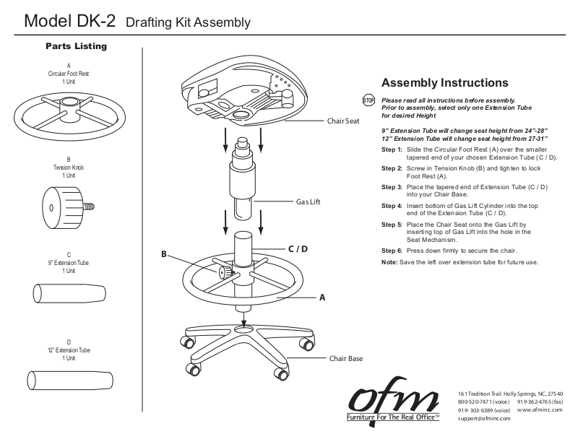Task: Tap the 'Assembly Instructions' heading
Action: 444,83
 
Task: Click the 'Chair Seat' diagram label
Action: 343,121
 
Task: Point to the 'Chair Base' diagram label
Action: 346,357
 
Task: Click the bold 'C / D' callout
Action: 298,249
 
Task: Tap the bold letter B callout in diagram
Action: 164,254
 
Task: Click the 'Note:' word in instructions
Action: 390,261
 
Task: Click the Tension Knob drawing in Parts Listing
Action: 66,207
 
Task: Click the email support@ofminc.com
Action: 484,418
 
